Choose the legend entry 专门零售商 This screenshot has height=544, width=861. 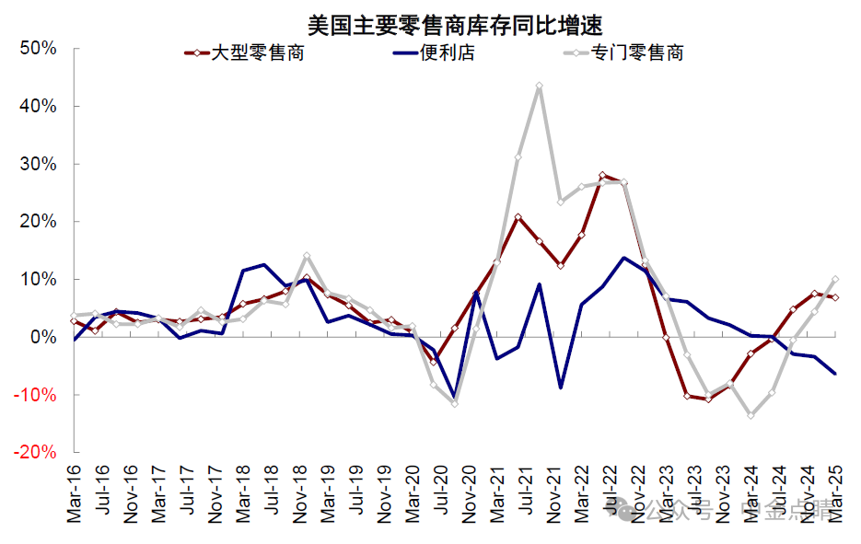point(636,52)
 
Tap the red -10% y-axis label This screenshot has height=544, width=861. point(37,395)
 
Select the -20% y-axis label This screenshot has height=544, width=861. point(37,453)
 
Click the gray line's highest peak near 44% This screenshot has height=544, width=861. point(539,86)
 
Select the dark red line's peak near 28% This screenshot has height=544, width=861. point(602,175)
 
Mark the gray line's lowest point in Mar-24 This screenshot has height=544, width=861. point(750,415)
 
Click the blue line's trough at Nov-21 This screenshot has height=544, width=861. point(560,388)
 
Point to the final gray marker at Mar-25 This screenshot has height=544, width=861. point(835,279)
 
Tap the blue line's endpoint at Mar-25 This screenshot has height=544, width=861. point(835,373)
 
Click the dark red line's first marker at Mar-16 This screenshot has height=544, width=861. point(74,320)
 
